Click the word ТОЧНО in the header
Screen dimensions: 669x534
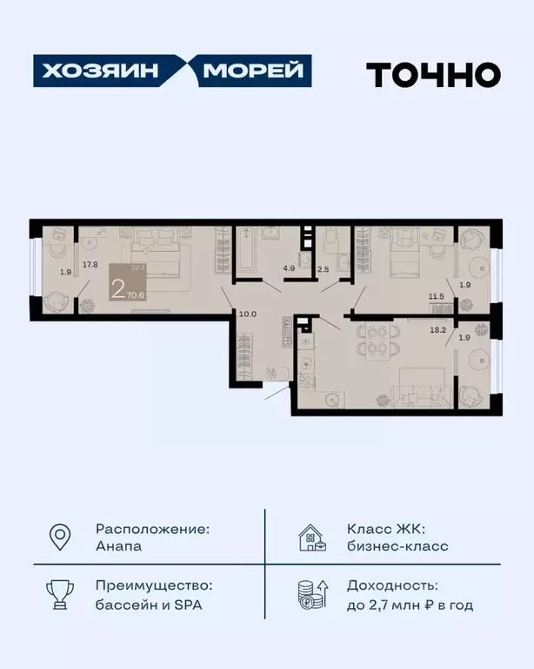click(x=432, y=74)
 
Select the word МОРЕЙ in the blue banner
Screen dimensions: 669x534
click(x=253, y=71)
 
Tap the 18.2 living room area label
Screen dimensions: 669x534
click(x=437, y=331)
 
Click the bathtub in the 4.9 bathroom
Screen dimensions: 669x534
click(x=246, y=253)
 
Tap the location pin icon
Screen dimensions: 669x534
click(x=59, y=537)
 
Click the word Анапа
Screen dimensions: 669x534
click(x=119, y=547)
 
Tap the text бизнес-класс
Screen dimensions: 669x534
click(x=397, y=547)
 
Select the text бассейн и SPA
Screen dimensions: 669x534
click(x=149, y=605)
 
